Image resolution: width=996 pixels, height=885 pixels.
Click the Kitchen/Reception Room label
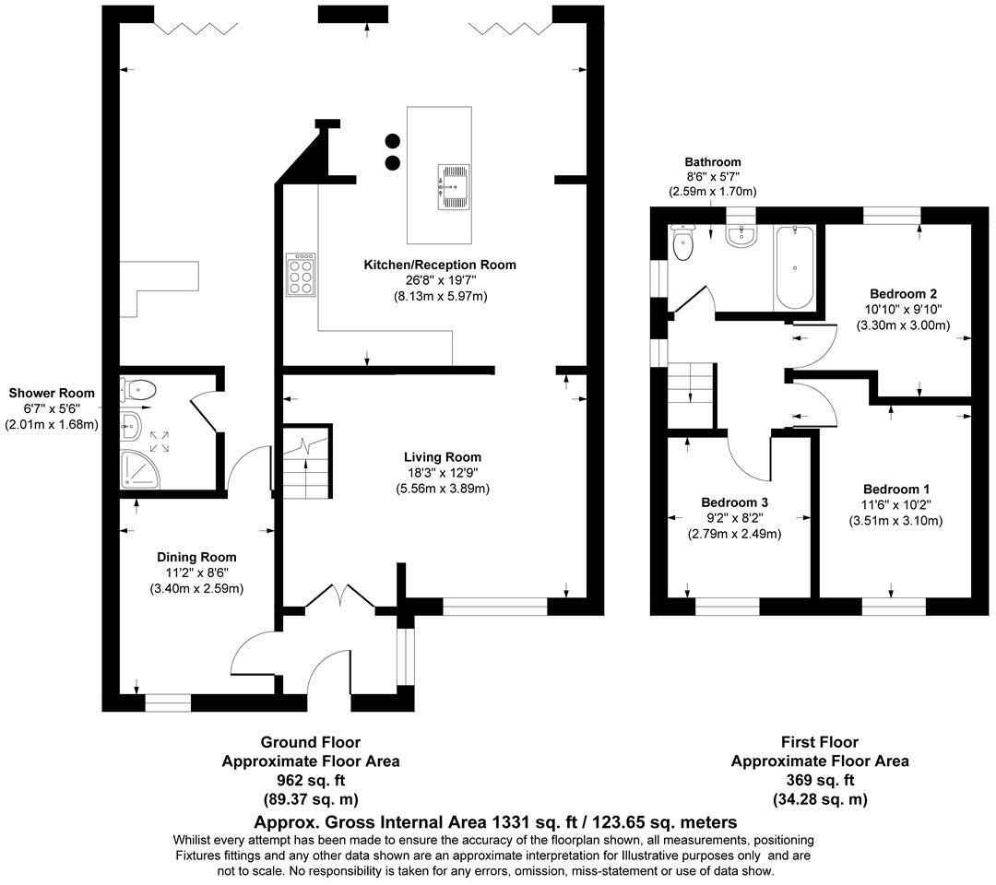coord(439,265)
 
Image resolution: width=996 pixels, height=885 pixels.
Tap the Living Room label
coord(442,456)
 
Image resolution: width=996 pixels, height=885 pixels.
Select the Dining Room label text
coord(196,557)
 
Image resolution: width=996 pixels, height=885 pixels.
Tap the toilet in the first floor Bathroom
coord(683,245)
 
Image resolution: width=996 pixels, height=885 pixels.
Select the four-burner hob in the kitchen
coord(301,275)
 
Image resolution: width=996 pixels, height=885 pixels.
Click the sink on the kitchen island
coord(454,183)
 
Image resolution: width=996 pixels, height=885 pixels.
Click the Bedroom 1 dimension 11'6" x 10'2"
coord(895,504)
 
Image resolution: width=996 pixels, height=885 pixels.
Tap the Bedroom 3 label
coord(734,502)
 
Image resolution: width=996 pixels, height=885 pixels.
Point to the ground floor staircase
coord(305,466)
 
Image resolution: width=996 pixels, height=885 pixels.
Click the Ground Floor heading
coord(310,742)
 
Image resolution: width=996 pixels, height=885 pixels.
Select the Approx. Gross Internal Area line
coord(495,821)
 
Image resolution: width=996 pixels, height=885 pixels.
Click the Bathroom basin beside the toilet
coord(741,238)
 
